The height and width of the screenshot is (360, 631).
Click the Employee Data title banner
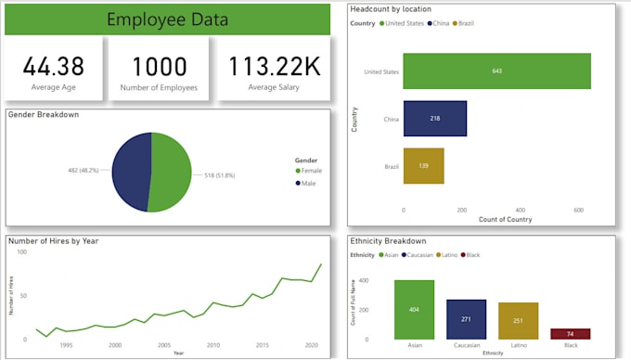(x=167, y=19)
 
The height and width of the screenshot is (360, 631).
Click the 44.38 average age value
(x=54, y=66)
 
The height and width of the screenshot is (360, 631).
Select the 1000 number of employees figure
(x=160, y=66)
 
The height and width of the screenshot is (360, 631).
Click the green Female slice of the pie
(x=171, y=173)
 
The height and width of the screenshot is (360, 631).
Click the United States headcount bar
(x=496, y=71)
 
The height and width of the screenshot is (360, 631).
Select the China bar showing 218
(x=434, y=119)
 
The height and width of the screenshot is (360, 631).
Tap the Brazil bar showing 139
(x=423, y=166)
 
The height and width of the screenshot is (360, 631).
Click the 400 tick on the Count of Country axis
(x=520, y=210)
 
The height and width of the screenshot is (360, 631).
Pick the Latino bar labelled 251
(x=518, y=321)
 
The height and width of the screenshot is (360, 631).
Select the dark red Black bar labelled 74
(x=570, y=334)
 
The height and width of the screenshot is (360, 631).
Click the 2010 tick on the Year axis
(x=212, y=345)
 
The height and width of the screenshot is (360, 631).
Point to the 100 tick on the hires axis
(x=21, y=252)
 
